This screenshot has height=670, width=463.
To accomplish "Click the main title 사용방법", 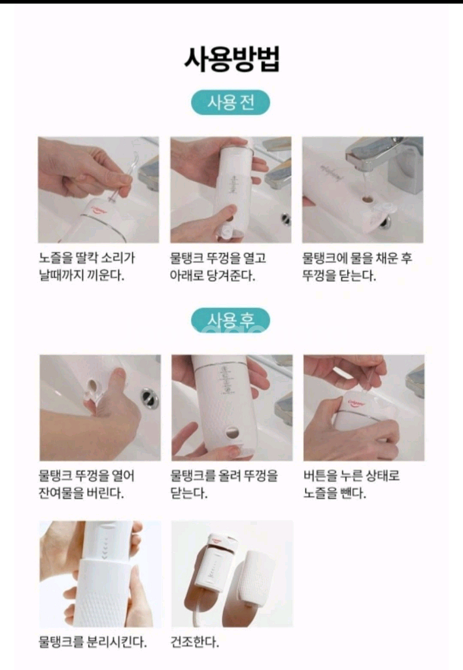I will pyautogui.click(x=231, y=59).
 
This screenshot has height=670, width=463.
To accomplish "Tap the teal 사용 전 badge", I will pyautogui.click(x=230, y=103).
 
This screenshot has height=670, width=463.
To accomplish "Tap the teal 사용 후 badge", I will pyautogui.click(x=230, y=320).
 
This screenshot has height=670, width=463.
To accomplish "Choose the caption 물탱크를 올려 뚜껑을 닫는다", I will pyautogui.click(x=224, y=484).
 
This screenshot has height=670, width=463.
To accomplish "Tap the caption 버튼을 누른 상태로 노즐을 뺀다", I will pyautogui.click(x=352, y=484).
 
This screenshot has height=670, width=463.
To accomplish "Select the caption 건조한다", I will pyautogui.click(x=195, y=642).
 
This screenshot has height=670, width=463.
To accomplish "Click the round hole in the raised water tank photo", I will pyautogui.click(x=231, y=433).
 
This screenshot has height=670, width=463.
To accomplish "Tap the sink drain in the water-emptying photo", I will pyautogui.click(x=150, y=394).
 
